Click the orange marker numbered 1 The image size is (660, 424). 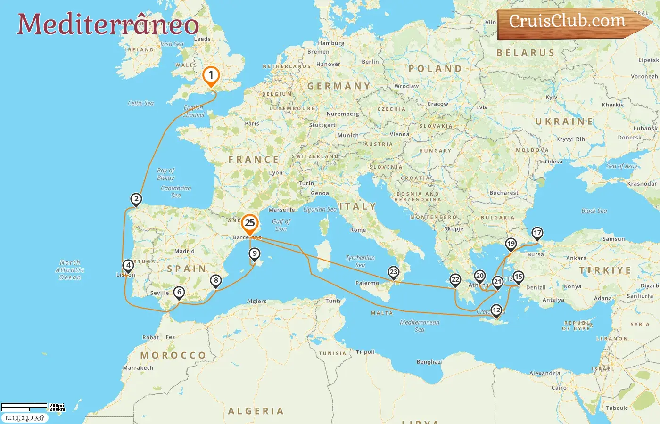[x=211, y=76]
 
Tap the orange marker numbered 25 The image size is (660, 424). [x=249, y=223]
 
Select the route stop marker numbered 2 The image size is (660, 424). [x=136, y=199]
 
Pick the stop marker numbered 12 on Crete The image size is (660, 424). [x=496, y=310]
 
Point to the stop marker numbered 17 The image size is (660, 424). [x=537, y=233]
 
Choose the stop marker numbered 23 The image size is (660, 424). [x=393, y=272]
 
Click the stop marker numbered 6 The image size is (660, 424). [x=179, y=293]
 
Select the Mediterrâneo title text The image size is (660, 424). [x=108, y=24]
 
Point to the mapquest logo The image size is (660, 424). [x=25, y=418]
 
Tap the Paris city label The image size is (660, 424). [x=252, y=124]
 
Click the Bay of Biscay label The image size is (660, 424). [x=165, y=174]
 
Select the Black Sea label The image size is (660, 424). [x=594, y=211]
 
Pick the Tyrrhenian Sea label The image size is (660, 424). [x=360, y=261]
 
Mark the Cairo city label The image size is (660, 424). [x=559, y=388]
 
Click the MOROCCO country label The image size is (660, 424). [x=173, y=355]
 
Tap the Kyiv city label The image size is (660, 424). [x=551, y=98]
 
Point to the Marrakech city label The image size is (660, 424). [x=138, y=368]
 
